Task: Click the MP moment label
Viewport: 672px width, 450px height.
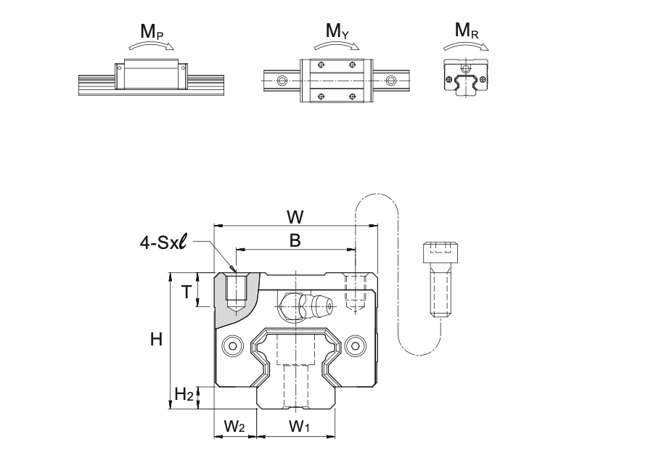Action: (152, 32)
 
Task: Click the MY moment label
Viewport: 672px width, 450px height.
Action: (336, 32)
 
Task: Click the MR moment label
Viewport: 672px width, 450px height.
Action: (467, 32)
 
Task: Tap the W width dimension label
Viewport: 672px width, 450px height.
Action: (295, 216)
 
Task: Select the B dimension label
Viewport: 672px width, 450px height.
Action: (295, 240)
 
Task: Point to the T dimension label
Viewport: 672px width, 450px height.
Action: (187, 292)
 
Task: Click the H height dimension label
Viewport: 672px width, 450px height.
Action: (155, 338)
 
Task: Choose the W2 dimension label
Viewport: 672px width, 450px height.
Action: (234, 427)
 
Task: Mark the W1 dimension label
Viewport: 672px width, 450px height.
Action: (299, 427)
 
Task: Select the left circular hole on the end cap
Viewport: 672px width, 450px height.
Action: (234, 346)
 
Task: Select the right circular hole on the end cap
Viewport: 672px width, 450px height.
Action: (356, 346)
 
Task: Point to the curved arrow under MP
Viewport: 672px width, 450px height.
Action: (153, 46)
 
